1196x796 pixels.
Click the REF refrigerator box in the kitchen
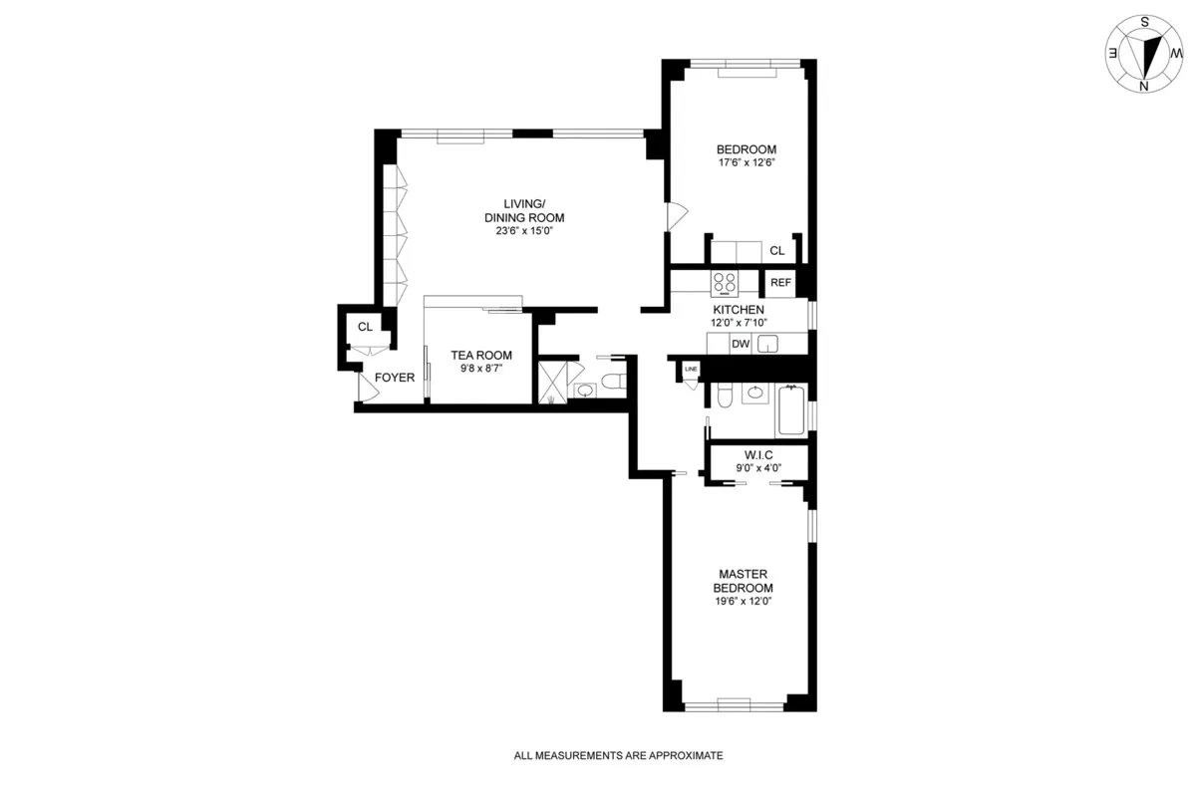(780, 283)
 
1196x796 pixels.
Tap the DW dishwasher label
(740, 344)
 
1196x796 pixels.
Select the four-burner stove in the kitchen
(725, 283)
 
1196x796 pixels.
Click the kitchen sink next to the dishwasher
(767, 344)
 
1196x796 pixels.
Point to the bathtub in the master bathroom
(791, 410)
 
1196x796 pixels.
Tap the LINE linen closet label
(691, 371)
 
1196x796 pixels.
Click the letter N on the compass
(1144, 86)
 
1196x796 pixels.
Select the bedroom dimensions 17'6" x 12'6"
(747, 162)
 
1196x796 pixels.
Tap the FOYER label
(394, 378)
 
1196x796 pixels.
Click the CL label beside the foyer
(365, 326)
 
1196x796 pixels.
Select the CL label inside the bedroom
(776, 251)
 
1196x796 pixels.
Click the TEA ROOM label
(481, 355)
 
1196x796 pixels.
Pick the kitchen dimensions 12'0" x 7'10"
(739, 323)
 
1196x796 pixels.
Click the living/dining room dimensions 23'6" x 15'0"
(518, 231)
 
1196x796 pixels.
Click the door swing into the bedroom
(677, 214)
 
